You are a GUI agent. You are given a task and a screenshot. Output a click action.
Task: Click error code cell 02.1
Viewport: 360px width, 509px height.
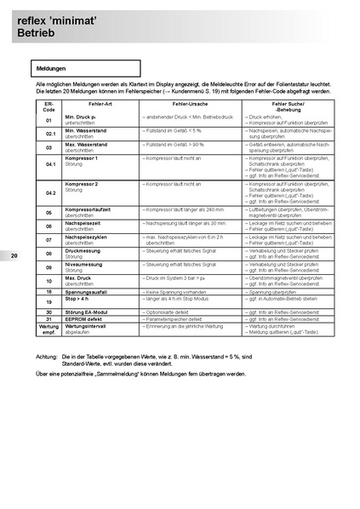49,134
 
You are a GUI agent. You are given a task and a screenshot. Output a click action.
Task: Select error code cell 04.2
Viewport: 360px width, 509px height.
49,193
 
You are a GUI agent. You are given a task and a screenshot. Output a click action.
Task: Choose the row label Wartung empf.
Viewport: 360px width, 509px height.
49,329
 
